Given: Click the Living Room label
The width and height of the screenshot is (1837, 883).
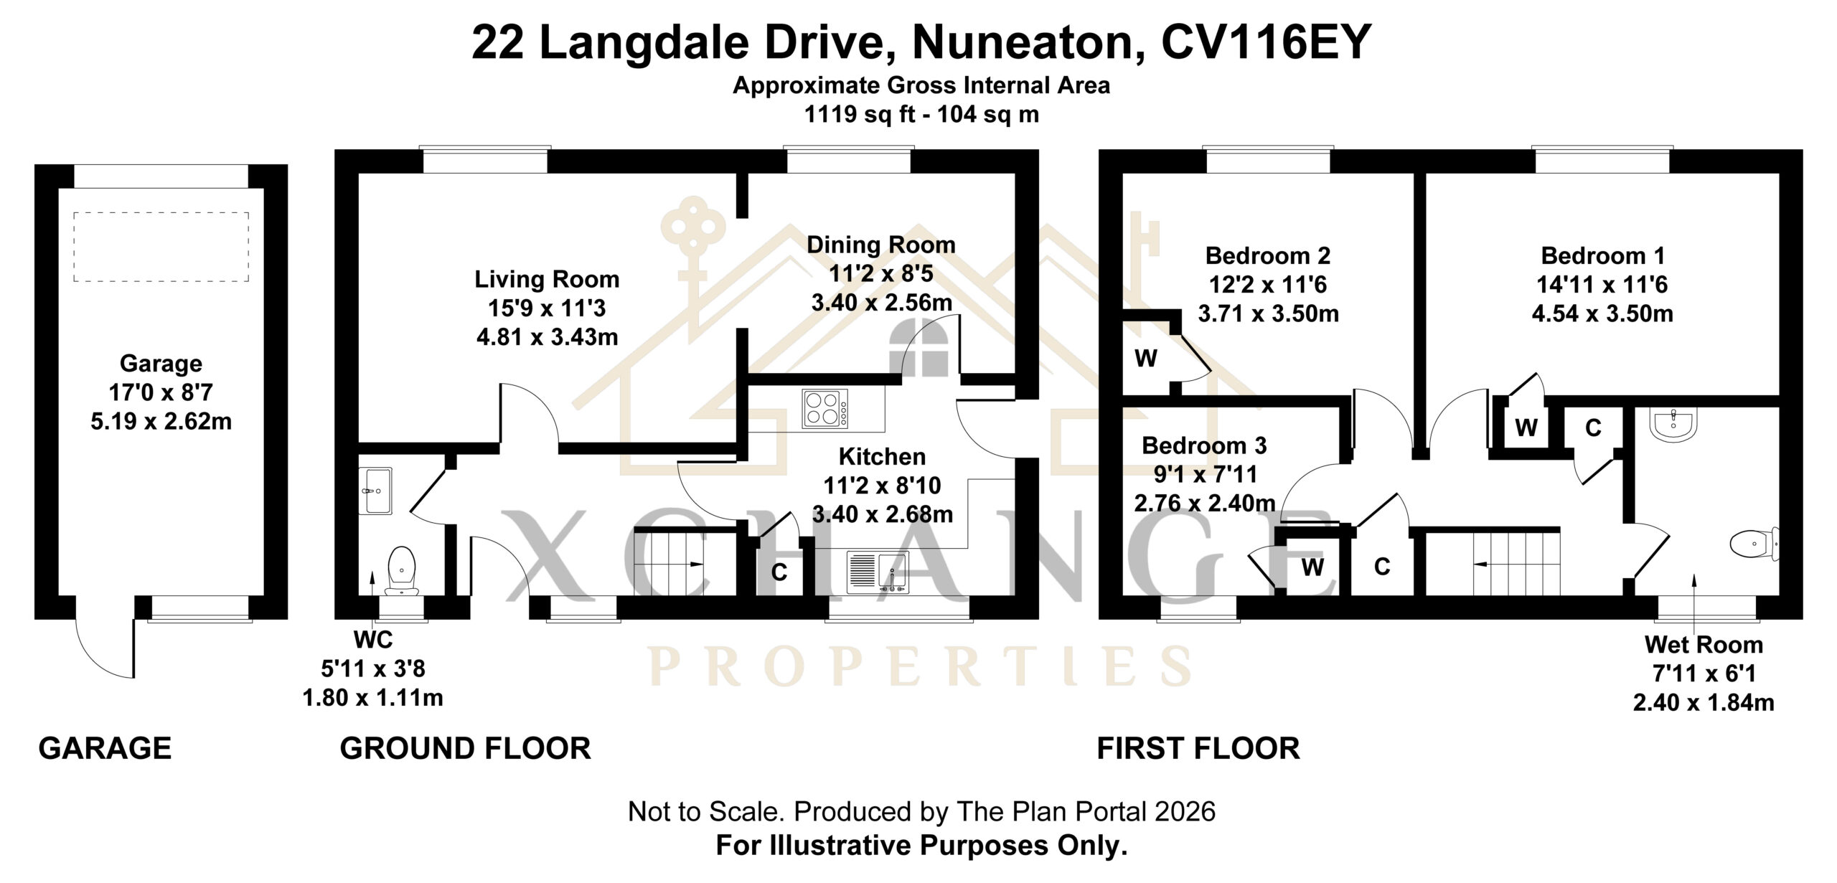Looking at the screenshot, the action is click(x=547, y=279).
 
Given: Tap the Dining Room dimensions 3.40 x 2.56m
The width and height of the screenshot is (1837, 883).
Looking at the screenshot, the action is click(x=882, y=303).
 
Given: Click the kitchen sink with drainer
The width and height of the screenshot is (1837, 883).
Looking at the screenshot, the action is click(x=878, y=572).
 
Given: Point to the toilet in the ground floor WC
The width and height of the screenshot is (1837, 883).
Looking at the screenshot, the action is click(x=402, y=571).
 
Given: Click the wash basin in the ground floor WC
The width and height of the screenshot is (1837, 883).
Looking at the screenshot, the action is click(x=375, y=491).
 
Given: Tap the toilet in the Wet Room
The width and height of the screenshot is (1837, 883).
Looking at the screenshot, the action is click(x=1755, y=544).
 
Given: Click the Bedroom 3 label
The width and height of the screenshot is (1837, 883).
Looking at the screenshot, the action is click(x=1204, y=445).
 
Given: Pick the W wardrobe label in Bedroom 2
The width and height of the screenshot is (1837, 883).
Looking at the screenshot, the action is click(x=1146, y=358).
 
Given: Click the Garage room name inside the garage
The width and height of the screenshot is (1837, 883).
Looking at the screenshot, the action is click(x=161, y=364).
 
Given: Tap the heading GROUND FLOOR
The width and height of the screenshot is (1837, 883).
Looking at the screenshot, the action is click(x=465, y=748).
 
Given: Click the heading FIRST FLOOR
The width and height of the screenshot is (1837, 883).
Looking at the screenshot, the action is click(x=1198, y=748).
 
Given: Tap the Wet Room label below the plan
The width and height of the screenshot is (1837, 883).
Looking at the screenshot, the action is click(x=1704, y=645).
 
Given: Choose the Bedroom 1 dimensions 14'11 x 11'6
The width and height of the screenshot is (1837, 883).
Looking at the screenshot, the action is click(x=1602, y=285).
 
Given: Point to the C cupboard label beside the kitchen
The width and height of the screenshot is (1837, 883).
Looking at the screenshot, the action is click(x=779, y=572).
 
